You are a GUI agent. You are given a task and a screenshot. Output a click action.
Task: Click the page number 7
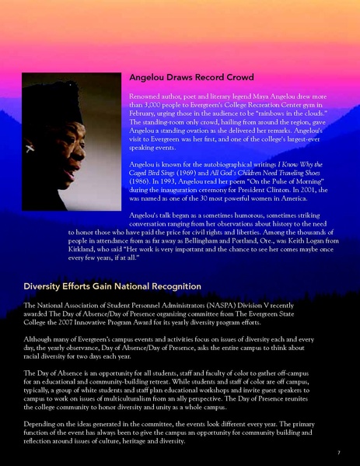click(338, 452)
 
